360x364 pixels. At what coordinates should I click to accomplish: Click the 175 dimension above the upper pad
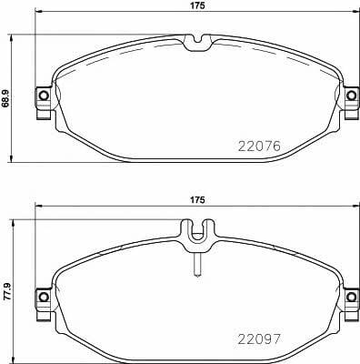coord(198,5)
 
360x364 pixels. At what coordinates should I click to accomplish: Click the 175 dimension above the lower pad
coord(198,200)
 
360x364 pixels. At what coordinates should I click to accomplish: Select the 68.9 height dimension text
coord(5,98)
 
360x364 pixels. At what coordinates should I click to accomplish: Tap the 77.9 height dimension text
coord(6,292)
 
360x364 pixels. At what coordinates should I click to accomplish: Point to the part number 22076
coord(259,147)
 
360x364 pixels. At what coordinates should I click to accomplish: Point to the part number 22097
coord(260,339)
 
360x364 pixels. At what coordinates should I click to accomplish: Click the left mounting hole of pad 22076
coord(44,96)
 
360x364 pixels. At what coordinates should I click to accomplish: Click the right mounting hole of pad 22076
coord(351,96)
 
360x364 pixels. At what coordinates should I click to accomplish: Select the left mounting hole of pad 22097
coord(44,297)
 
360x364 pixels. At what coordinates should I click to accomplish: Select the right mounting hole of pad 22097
coord(351,297)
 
